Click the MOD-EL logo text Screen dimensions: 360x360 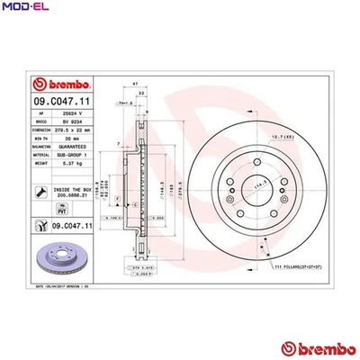(22, 7)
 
